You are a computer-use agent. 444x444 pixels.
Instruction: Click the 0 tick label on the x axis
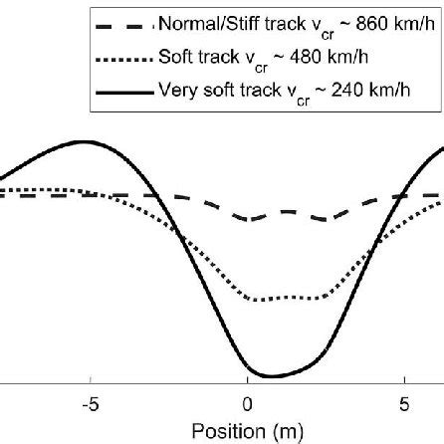click(x=247, y=404)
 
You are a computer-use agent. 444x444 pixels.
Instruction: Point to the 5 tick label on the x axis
click(x=403, y=404)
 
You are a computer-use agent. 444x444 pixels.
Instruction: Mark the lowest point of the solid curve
click(x=267, y=376)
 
